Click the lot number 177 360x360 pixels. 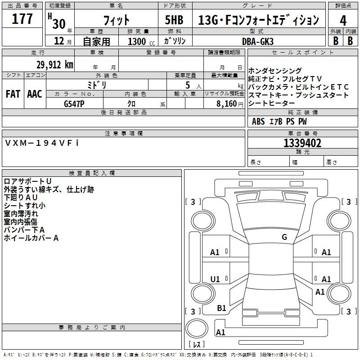tap(22, 19)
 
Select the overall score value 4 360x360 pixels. tap(343, 20)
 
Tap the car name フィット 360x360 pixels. tap(116, 20)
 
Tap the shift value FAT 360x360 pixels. tap(13, 94)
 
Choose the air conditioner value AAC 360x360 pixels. tap(34, 94)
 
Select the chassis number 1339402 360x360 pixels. tap(302, 143)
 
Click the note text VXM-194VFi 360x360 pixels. tap(42, 143)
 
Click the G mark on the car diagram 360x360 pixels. tap(284, 237)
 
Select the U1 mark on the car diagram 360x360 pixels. tap(215, 279)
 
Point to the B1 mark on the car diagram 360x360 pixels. tap(221, 308)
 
